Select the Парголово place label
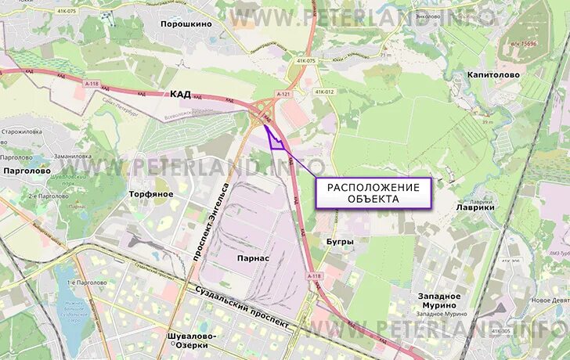(x=27, y=170)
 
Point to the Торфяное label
(x=151, y=193)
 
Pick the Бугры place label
(x=339, y=242)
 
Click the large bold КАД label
(x=180, y=94)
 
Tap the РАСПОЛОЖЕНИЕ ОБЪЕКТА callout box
(x=373, y=193)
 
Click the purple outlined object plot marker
(x=274, y=138)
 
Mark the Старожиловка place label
(x=25, y=132)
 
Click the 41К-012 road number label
(x=324, y=92)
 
